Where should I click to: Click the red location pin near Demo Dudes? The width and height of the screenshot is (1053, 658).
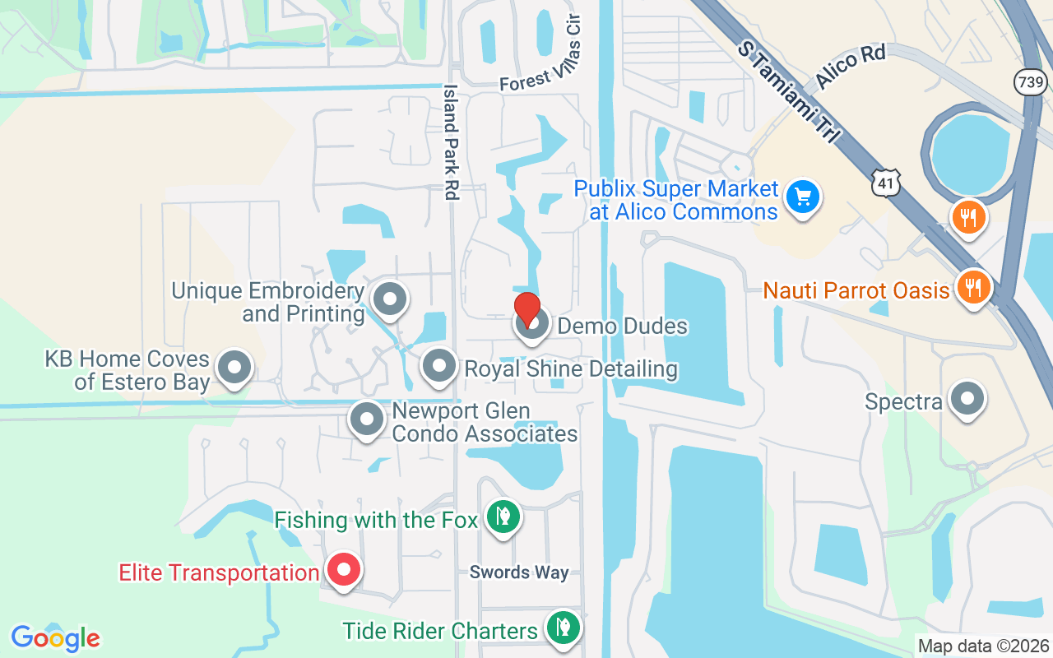coord(526,308)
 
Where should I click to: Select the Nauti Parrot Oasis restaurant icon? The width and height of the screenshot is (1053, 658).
coord(973,288)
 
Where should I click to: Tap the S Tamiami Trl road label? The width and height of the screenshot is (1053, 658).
coord(786,92)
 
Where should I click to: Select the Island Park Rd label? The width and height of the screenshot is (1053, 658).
coord(451,141)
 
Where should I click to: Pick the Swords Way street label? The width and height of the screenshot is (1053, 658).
coord(518,572)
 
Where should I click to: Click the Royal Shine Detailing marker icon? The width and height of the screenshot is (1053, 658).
coord(438,366)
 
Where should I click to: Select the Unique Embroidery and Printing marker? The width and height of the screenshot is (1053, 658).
coord(390,299)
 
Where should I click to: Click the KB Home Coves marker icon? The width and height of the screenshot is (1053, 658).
coord(235,368)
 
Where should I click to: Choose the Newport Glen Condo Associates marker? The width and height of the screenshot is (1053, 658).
coord(367,420)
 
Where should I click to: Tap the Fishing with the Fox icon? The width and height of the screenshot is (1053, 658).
coord(502,517)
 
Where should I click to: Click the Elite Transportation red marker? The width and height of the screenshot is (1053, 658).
coord(344,569)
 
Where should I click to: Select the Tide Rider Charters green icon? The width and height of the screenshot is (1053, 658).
coord(563,628)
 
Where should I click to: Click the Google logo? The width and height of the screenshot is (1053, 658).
coord(55,638)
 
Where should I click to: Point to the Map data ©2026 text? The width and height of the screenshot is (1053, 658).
coord(983,646)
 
